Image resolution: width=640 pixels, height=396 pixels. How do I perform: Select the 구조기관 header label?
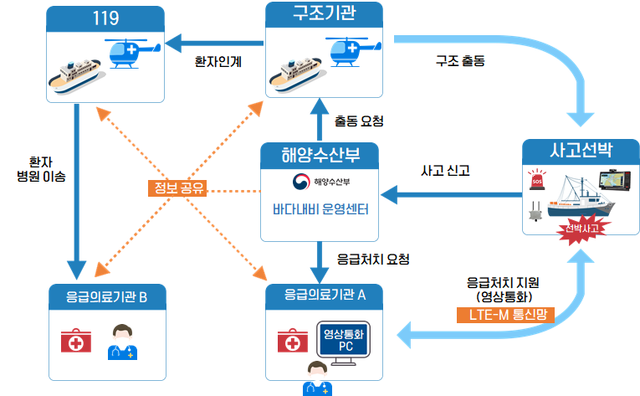tap(324, 15)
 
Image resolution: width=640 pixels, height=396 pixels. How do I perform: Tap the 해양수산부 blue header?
tap(320, 155)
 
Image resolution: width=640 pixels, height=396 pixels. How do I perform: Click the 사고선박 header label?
tap(581, 151)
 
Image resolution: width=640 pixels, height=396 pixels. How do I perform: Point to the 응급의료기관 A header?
tap(325, 295)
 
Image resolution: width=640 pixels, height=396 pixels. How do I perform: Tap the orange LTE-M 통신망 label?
tap(505, 315)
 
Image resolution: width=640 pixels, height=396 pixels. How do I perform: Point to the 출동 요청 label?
tap(359, 121)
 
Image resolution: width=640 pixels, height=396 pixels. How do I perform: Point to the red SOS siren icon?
tap(535, 183)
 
